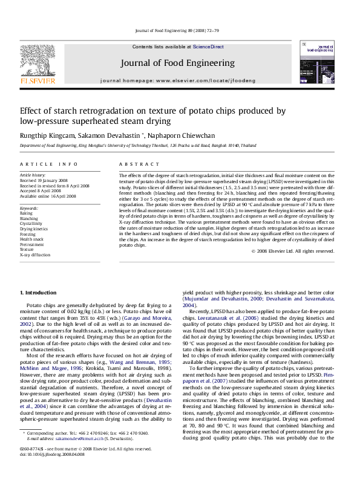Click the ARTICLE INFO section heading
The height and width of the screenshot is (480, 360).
click(x=49, y=164)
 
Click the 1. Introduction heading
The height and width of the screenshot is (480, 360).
click(x=38, y=292)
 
